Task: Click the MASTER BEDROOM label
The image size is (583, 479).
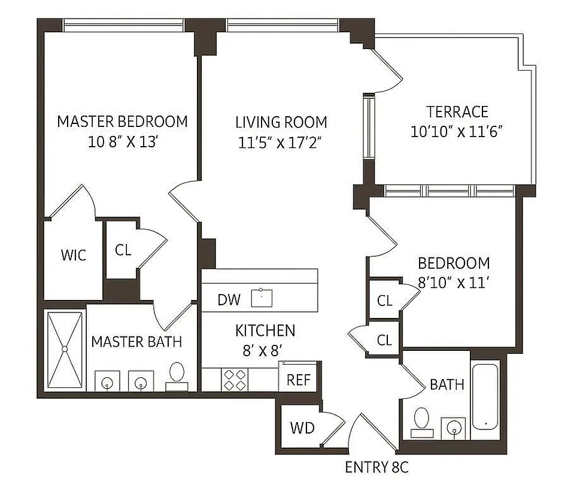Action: [122, 122]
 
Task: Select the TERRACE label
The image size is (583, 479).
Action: [457, 112]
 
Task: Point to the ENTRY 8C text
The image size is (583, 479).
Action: [377, 467]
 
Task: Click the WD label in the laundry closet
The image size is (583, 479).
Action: [302, 428]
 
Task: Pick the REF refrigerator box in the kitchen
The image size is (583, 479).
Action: [297, 379]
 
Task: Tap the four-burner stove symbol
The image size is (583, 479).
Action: [235, 379]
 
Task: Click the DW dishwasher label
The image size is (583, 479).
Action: [229, 300]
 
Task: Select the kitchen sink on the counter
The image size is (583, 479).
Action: [262, 298]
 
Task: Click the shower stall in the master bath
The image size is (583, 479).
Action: [66, 350]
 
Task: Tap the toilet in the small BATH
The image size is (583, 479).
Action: [423, 422]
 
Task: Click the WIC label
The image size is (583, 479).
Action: [73, 255]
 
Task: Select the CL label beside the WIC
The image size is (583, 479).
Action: [123, 250]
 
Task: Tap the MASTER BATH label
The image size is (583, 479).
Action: [136, 342]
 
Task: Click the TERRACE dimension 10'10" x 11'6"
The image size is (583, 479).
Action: [456, 132]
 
